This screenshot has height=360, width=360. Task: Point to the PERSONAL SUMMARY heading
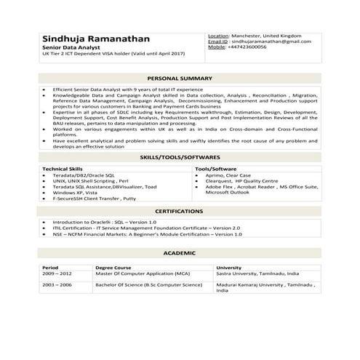(180, 78)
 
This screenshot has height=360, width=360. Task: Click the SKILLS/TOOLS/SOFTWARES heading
(180, 157)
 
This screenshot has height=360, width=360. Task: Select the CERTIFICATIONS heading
(180, 211)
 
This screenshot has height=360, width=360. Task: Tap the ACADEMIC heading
(180, 252)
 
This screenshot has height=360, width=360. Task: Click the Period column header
(50, 268)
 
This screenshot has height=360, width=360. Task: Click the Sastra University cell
(257, 273)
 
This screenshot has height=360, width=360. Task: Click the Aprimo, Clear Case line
(228, 175)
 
